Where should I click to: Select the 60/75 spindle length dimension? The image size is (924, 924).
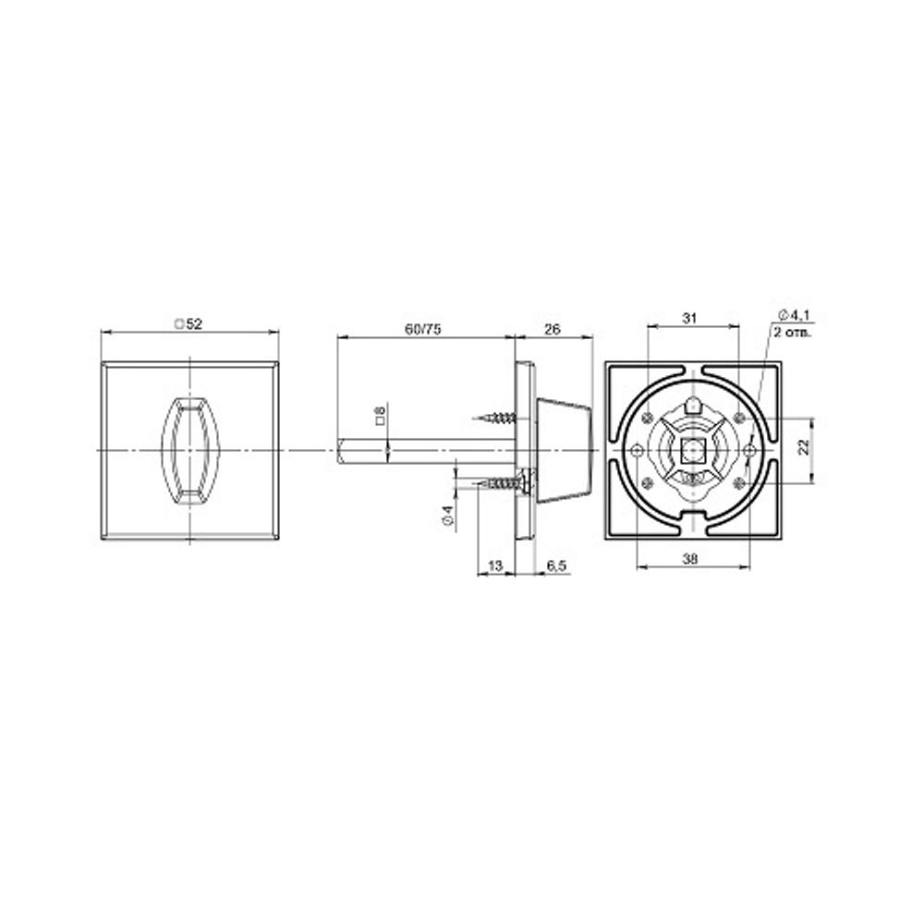(x=424, y=328)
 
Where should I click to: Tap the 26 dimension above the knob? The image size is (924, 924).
(x=553, y=328)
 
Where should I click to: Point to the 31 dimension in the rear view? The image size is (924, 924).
(x=688, y=318)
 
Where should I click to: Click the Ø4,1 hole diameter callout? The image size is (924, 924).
(x=794, y=317)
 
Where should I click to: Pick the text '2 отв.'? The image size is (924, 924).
(x=792, y=332)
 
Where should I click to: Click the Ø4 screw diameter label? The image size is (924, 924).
(x=447, y=517)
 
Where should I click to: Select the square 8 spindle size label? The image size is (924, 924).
(x=380, y=417)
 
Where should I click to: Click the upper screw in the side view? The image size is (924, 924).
(x=498, y=418)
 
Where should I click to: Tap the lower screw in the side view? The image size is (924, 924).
(x=499, y=482)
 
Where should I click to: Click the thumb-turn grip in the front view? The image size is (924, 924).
(x=188, y=450)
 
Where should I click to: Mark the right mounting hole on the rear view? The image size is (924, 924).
(x=749, y=450)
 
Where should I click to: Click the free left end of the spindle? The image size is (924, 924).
(x=342, y=450)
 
